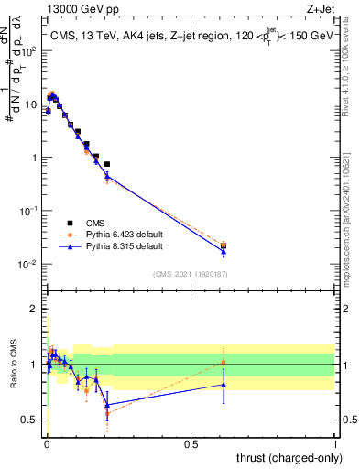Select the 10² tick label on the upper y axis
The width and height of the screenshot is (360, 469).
point(30,50)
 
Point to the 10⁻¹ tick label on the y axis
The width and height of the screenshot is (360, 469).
point(30,211)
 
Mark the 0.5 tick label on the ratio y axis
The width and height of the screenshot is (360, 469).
point(31,420)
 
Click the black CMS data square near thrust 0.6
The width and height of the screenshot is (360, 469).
point(224,245)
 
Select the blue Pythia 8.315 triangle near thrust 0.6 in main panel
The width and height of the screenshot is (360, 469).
point(224,251)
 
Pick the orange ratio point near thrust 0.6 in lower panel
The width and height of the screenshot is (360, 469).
point(224,363)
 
